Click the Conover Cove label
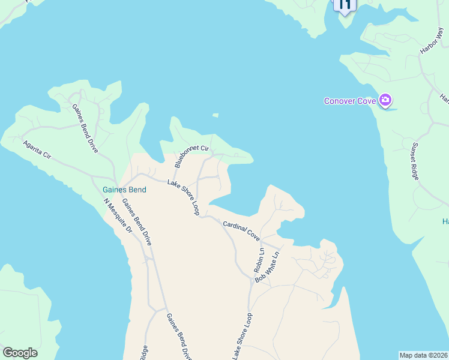[x=350, y=101]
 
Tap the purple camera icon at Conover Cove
[x=385, y=100]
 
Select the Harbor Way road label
[x=431, y=44]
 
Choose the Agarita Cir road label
[x=37, y=149]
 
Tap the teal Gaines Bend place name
[x=121, y=190]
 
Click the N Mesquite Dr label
[x=117, y=215]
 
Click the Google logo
[x=20, y=353]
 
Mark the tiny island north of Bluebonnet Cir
[x=215, y=115]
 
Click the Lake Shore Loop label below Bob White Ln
[x=242, y=337]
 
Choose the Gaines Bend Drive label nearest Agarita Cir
[x=85, y=128]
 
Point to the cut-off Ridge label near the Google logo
[x=144, y=353]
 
